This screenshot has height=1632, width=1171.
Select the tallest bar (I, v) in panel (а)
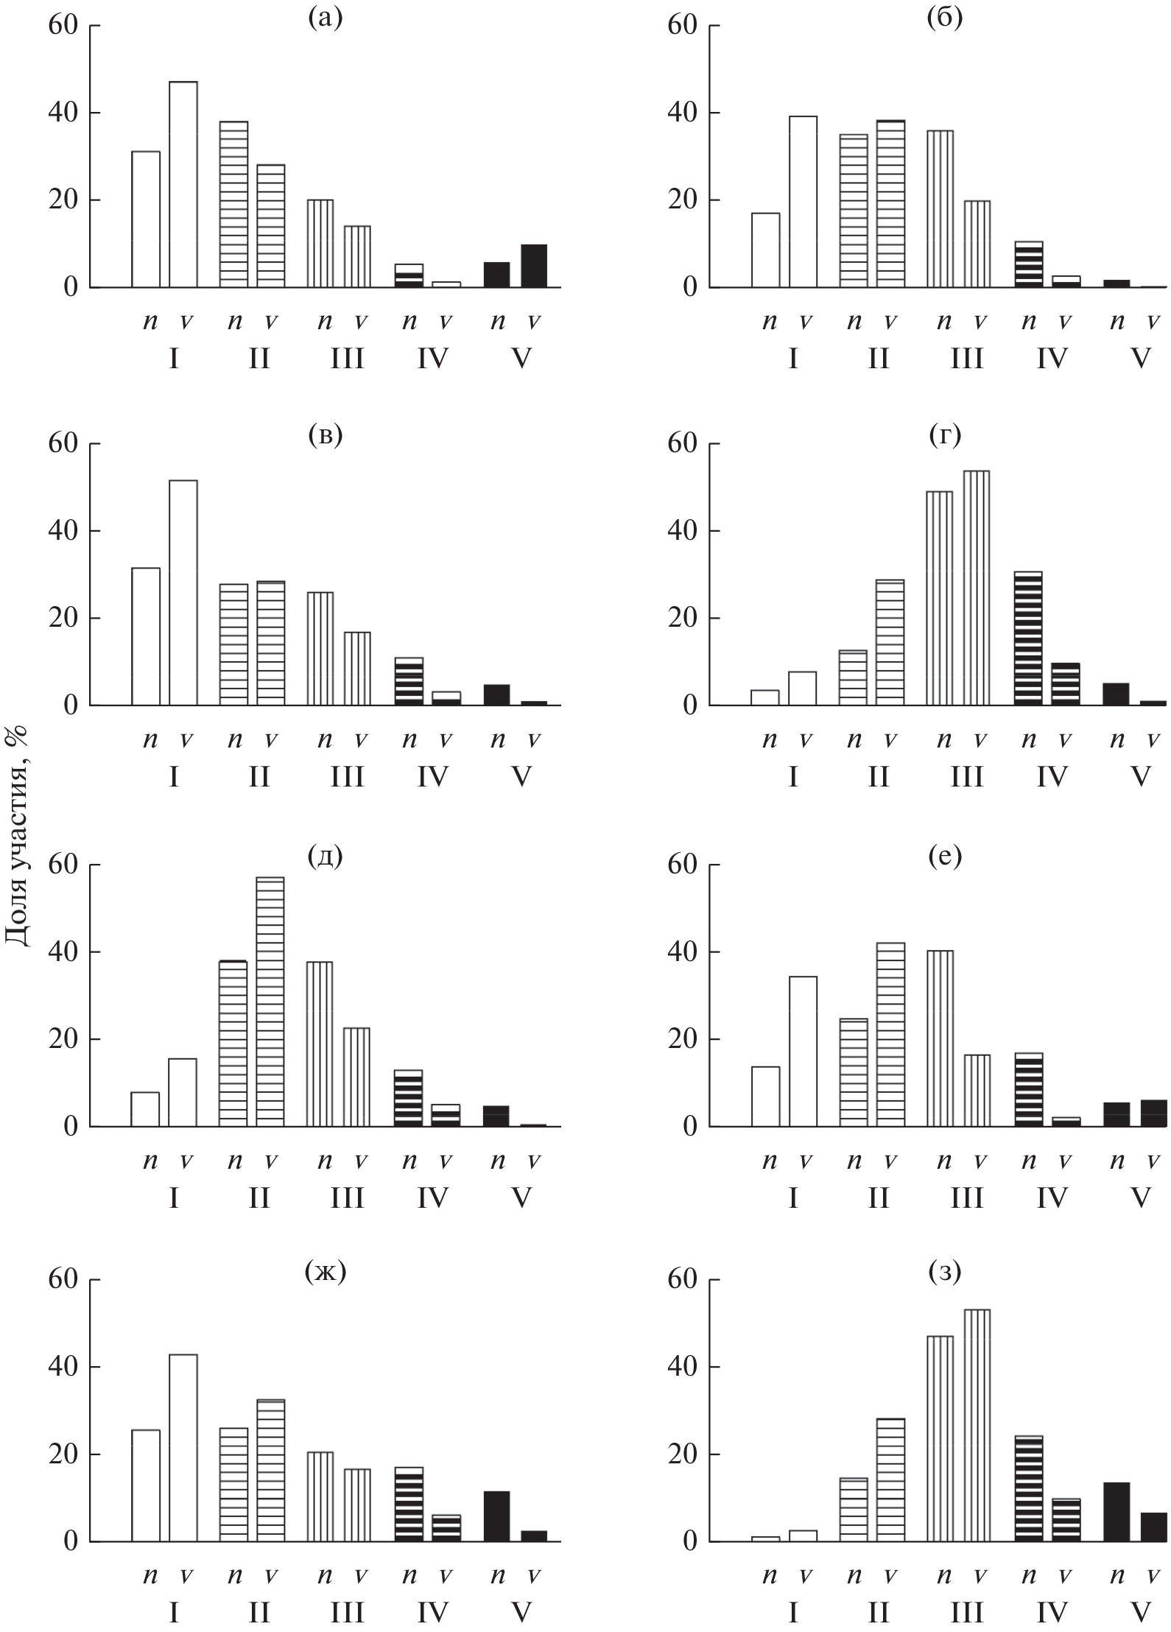click(x=183, y=184)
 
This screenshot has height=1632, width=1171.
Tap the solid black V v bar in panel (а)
click(x=534, y=266)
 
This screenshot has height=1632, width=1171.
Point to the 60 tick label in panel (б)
click(x=682, y=25)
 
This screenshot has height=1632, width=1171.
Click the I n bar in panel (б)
click(x=765, y=250)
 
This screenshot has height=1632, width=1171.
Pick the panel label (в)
click(x=325, y=436)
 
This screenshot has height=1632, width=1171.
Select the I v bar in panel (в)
click(x=183, y=593)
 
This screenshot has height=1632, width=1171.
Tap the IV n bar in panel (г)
click(x=1028, y=639)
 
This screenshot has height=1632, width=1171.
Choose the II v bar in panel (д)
click(x=270, y=1002)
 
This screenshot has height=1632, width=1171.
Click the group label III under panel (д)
click(x=347, y=1198)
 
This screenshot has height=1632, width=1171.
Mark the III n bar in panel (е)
click(x=940, y=1038)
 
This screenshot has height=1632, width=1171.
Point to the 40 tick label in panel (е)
click(x=682, y=952)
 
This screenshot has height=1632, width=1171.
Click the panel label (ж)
click(x=325, y=1272)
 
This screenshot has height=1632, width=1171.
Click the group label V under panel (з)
click(x=1140, y=1613)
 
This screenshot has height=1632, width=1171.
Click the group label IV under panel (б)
click(x=1052, y=359)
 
